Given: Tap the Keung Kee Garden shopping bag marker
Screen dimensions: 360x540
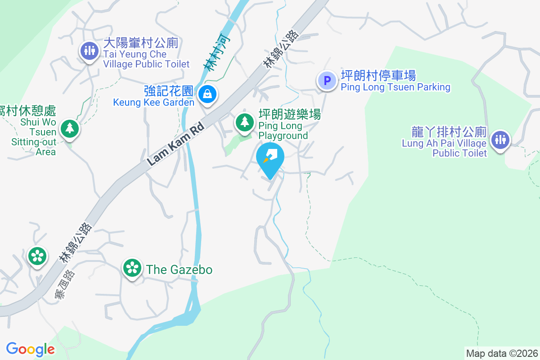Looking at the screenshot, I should point(207,94).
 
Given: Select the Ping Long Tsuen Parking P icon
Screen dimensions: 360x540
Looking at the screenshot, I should point(327,81).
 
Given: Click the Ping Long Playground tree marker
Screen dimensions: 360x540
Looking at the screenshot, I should point(245,122).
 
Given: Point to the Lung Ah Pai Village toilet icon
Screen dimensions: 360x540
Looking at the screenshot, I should point(500,139).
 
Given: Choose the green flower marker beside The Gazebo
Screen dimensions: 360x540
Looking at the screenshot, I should point(132,268).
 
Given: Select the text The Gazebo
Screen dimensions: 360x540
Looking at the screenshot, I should point(179,270).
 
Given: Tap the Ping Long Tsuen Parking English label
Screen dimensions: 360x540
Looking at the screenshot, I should point(396,87).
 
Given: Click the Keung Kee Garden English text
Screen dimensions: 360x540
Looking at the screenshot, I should point(154,102).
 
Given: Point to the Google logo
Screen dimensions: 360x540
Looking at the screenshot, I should point(31,349).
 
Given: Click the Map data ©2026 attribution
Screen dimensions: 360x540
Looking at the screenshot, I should point(502,353).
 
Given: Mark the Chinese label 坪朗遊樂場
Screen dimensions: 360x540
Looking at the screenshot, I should point(289,115).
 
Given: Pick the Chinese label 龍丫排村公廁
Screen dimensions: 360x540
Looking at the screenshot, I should point(449,132).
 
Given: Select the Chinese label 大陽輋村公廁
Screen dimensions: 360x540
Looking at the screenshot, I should point(141,43).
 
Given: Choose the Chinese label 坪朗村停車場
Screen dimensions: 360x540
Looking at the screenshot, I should point(378,76).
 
